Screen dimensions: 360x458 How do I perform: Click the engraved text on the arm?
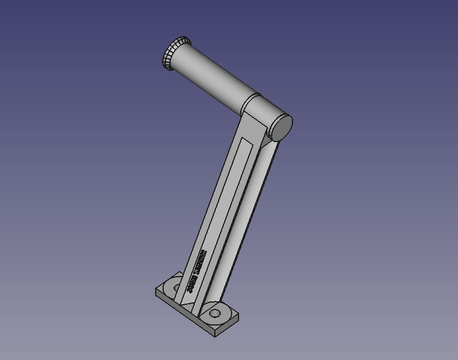point(196,270)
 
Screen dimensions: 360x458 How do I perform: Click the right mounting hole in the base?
point(215,314)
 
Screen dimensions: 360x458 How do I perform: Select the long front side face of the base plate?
point(184,314)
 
